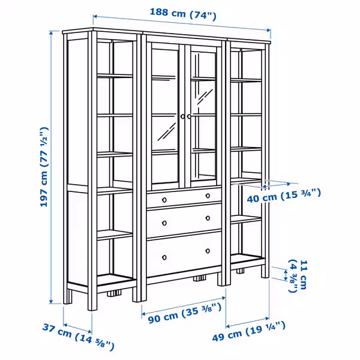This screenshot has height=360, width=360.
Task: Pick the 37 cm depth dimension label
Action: tap(77, 336)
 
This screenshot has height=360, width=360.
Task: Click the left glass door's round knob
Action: tap(182, 117)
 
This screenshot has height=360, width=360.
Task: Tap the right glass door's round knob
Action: tap(190, 116)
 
